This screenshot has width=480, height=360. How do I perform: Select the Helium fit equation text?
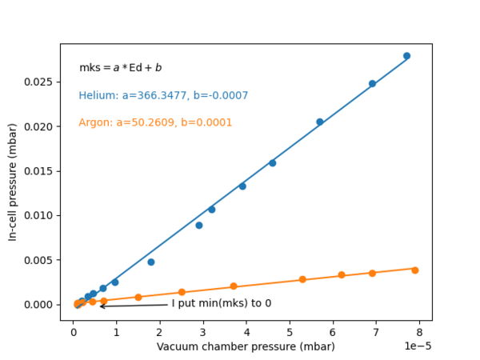(163, 96)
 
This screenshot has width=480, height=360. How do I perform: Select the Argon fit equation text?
(155, 123)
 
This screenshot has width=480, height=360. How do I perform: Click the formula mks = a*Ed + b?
(120, 69)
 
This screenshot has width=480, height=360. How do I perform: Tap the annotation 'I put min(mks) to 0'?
(222, 304)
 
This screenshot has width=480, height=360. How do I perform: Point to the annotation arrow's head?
(101, 306)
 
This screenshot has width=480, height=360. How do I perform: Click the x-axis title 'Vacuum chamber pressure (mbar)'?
(246, 346)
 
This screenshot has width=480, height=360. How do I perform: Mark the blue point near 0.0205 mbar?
(319, 122)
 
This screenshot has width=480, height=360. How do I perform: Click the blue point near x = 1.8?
(150, 262)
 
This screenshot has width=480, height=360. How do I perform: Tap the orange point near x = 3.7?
(234, 286)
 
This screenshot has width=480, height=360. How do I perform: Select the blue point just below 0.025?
(372, 83)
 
